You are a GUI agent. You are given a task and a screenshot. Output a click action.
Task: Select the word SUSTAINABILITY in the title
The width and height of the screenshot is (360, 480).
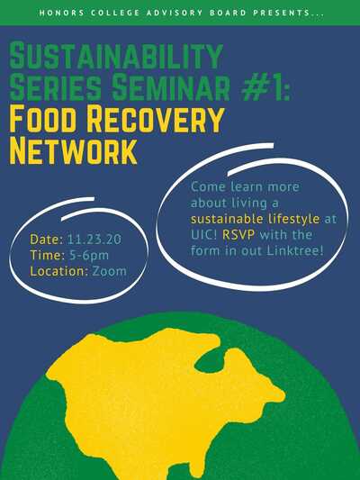pos(116,56)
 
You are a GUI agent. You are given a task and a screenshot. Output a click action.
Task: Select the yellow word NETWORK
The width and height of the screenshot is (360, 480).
pos(73,151)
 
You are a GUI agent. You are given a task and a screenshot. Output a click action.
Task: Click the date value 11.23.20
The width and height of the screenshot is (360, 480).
pos(94,239)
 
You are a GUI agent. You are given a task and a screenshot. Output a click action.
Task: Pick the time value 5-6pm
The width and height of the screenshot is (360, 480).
pos(89,255)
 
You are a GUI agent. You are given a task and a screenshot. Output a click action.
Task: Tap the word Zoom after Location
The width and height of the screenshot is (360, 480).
pos(109,271)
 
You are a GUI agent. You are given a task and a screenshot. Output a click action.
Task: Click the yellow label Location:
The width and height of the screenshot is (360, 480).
pos(59,271)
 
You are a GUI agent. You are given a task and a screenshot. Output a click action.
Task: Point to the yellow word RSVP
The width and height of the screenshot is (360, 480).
pos(238,235)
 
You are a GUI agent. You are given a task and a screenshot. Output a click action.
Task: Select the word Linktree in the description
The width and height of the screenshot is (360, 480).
pos(295,251)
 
